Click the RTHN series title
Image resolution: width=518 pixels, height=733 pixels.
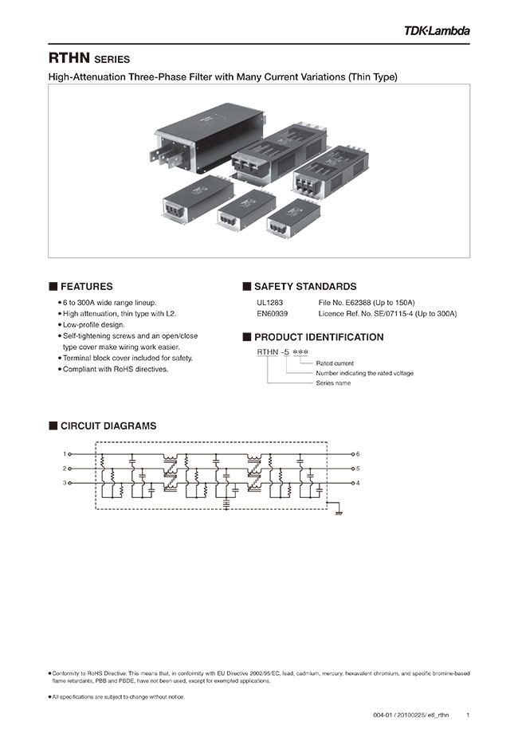tap(88, 59)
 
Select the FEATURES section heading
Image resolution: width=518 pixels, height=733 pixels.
tap(86, 286)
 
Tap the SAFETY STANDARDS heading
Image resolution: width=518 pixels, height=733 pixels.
tap(304, 286)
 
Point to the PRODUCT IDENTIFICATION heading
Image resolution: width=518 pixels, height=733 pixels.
tap(318, 337)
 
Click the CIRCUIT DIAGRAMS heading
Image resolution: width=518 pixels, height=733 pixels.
tap(108, 425)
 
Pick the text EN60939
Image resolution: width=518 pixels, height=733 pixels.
tap(272, 314)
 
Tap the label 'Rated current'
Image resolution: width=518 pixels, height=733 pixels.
tap(335, 363)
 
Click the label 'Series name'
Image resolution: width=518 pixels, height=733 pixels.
tap(333, 383)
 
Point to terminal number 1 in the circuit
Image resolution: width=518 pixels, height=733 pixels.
tap(65, 453)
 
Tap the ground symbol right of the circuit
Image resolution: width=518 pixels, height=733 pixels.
tap(339, 512)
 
